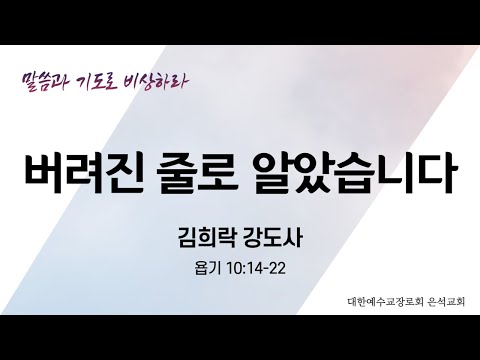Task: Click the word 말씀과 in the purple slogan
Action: (x=47, y=78)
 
